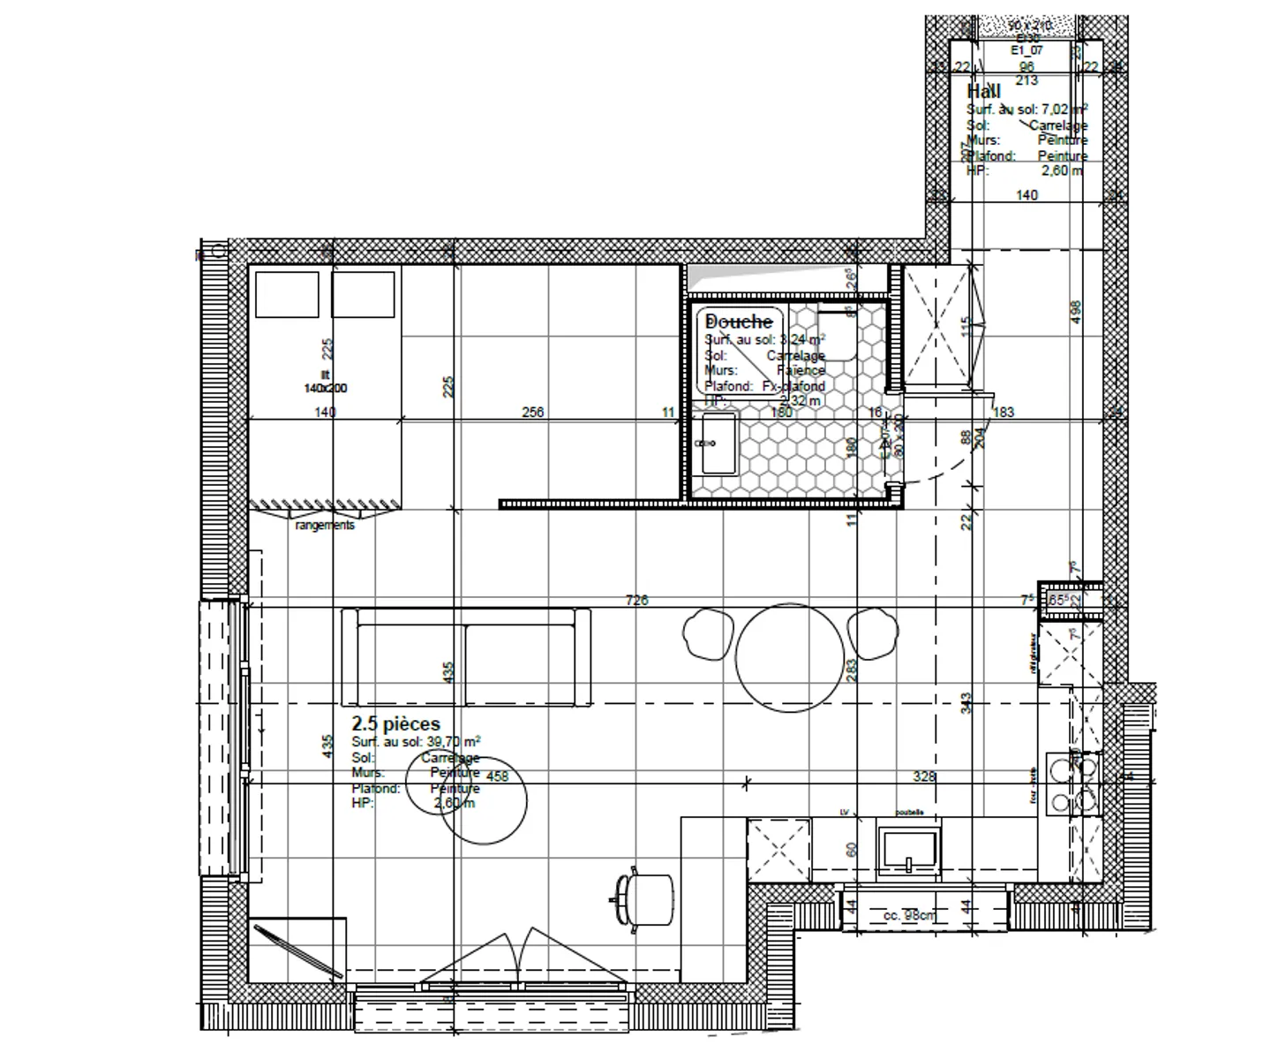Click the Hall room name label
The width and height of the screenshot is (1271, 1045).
click(x=983, y=92)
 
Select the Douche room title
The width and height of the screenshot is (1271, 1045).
click(x=739, y=322)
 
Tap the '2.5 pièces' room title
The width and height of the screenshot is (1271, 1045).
click(x=395, y=724)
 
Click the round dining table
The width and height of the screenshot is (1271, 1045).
click(x=790, y=657)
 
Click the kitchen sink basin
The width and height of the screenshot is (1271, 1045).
click(x=908, y=852)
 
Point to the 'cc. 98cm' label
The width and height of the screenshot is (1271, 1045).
click(x=909, y=916)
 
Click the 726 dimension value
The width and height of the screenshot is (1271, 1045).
click(x=636, y=601)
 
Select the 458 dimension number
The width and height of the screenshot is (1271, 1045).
click(x=498, y=776)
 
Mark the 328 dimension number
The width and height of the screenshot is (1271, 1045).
click(x=924, y=776)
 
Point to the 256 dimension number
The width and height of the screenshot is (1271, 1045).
click(x=533, y=412)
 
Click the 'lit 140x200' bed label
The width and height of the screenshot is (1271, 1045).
click(x=325, y=382)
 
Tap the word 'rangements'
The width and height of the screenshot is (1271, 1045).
click(x=325, y=525)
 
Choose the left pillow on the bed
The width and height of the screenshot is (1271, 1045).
click(x=287, y=294)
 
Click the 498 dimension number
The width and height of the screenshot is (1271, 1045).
click(x=1075, y=312)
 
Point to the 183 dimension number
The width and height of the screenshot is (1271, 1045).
click(x=1004, y=412)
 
